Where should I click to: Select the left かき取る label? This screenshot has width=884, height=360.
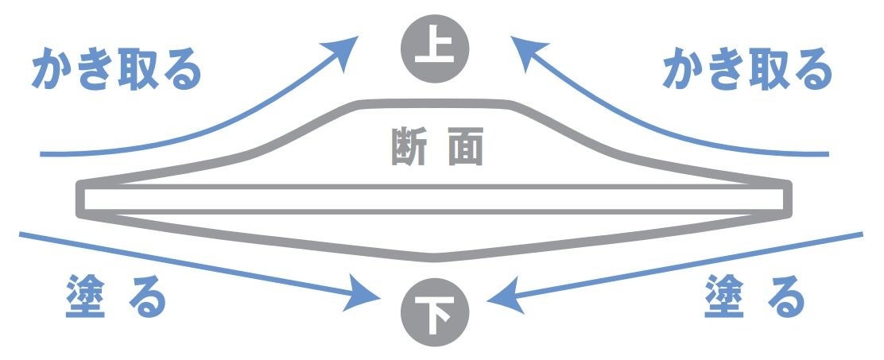pyautogui.click(x=115, y=72)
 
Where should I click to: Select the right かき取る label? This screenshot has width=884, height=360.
pyautogui.click(x=747, y=72)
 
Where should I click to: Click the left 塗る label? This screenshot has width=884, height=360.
pyautogui.click(x=116, y=299)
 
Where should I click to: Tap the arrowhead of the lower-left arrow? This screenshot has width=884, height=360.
pyautogui.click(x=369, y=299)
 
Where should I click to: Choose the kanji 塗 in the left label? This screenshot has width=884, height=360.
pyautogui.click(x=83, y=299)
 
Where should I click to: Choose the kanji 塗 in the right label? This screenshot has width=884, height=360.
pyautogui.click(x=723, y=299)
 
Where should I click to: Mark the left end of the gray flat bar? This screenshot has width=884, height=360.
pyautogui.click(x=81, y=199)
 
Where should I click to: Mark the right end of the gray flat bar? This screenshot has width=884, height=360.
pyautogui.click(x=789, y=199)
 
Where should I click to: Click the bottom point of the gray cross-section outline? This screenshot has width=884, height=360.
pyautogui.click(x=435, y=257)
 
